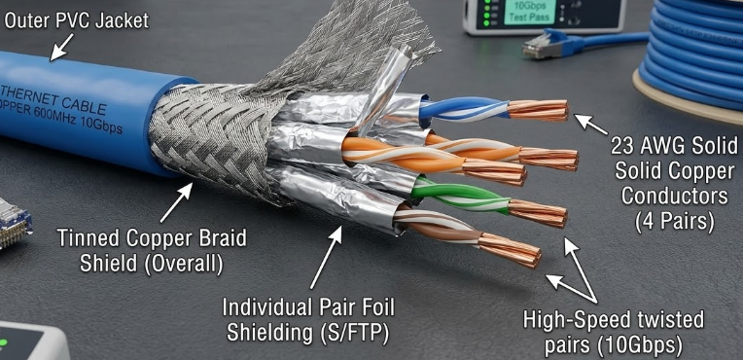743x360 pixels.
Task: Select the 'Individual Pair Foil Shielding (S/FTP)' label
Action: [x=310, y=318]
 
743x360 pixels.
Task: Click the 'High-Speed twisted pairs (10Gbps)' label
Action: [x=614, y=331]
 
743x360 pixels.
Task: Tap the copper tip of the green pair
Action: [x=539, y=212]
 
